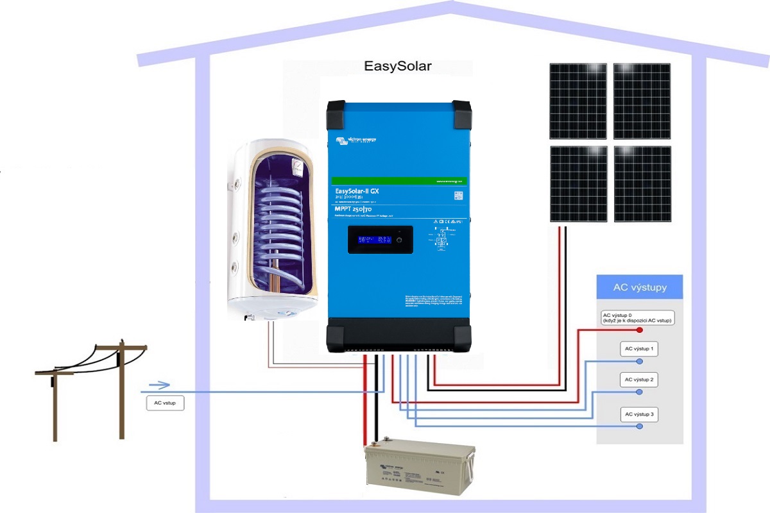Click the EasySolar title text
(x=397, y=67)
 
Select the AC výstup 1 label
(x=639, y=349)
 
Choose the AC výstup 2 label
(x=639, y=380)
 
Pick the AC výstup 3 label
(x=639, y=415)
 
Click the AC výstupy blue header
(x=639, y=287)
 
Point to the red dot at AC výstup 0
(x=640, y=330)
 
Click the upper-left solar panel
(x=578, y=101)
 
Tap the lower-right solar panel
(x=642, y=184)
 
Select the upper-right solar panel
(x=642, y=101)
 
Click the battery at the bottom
(x=420, y=469)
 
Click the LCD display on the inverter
(x=376, y=240)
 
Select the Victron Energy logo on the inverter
(x=356, y=139)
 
